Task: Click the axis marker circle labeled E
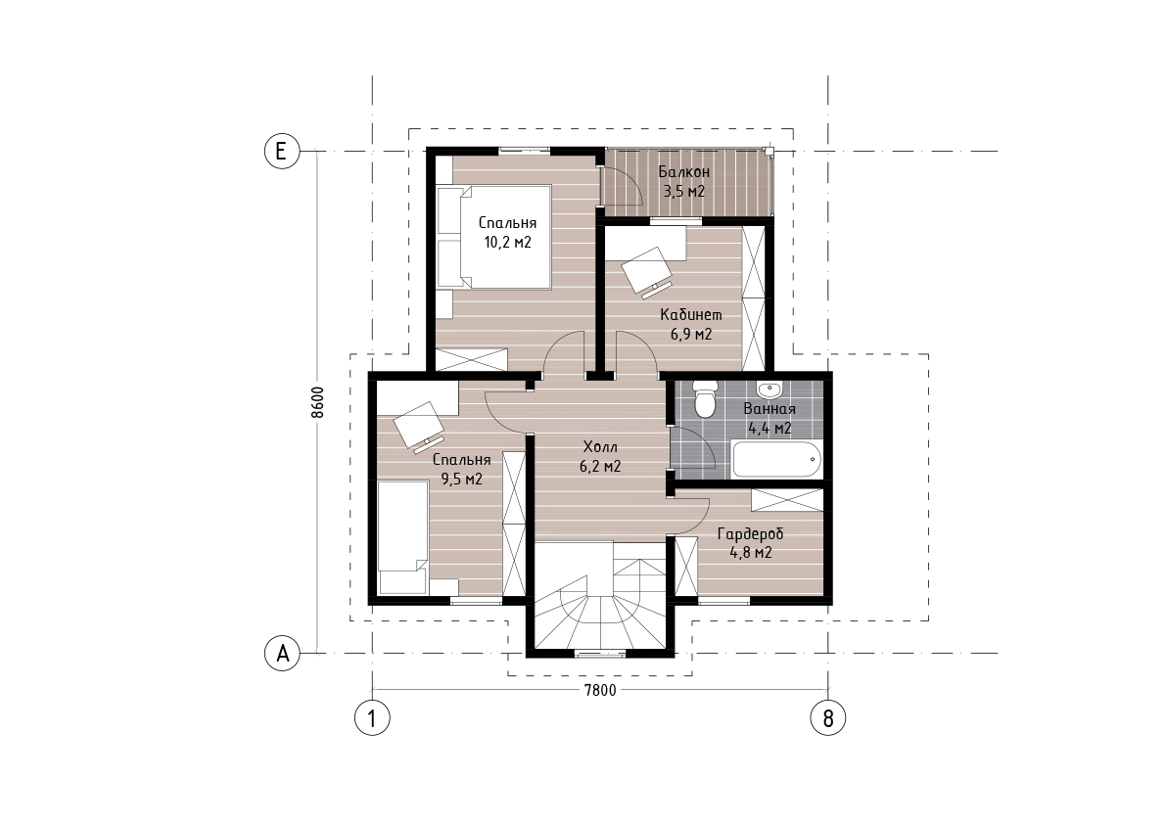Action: coord(281,152)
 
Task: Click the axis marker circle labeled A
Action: coord(283,654)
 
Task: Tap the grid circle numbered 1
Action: coord(372,717)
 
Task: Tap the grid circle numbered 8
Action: coord(827,717)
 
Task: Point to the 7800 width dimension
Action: coord(600,690)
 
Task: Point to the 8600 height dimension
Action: coord(317,403)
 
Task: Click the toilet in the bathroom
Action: coord(704,399)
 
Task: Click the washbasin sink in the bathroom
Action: coord(770,389)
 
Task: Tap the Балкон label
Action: coord(684,171)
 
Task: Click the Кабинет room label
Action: coord(691,315)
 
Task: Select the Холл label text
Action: coord(600,447)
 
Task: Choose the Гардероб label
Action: coord(750,533)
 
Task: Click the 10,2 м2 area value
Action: coord(507,243)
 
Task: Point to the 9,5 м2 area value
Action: coord(462,480)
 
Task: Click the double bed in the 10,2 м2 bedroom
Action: coord(493,237)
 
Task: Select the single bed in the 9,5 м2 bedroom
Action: coord(403,537)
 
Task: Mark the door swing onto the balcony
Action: coord(624,186)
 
